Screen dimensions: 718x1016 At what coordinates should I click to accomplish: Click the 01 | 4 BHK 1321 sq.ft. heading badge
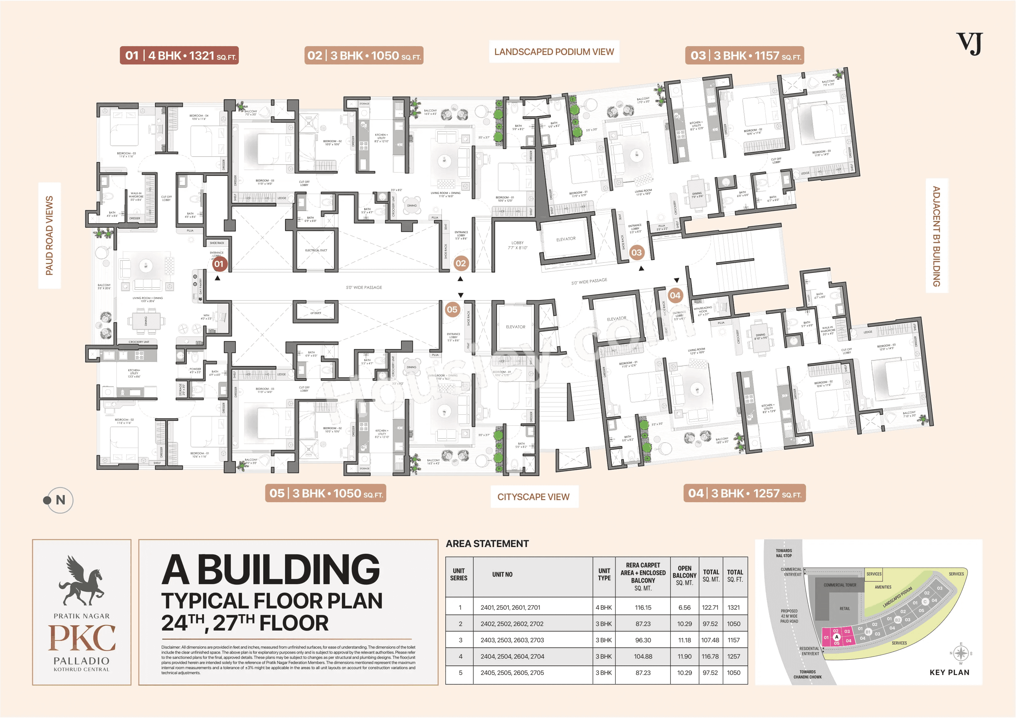point(179,56)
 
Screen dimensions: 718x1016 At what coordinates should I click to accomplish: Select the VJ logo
point(969,44)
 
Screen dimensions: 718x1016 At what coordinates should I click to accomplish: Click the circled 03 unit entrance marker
point(636,253)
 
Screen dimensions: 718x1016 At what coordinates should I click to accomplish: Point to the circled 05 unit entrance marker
point(452,310)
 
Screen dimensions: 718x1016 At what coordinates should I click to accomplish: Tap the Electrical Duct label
point(316,250)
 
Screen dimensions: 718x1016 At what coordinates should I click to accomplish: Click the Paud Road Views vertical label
point(49,235)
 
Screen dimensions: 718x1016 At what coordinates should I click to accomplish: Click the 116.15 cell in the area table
point(643,607)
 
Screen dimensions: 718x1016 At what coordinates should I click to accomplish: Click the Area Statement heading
point(487,544)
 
